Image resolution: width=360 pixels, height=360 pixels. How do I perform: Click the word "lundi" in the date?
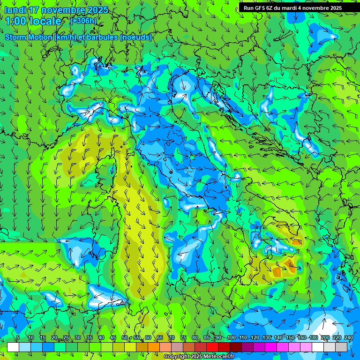click(15, 10)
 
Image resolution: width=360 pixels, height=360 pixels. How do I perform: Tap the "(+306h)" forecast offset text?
click(83, 21)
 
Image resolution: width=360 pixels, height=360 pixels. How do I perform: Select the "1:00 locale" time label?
click(33, 21)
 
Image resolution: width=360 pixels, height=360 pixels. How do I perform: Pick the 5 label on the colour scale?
click(18, 338)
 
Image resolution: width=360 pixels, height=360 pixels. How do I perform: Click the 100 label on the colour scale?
click(231, 338)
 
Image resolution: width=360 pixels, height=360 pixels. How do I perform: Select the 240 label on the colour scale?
click(348, 338)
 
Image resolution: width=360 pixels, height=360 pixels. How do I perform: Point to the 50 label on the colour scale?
click(125, 338)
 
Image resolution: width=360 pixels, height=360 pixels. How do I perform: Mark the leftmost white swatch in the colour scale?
click(13, 347)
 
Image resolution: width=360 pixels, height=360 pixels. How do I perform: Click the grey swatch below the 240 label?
click(341, 347)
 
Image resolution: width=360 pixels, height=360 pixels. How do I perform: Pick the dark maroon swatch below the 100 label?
click(236, 347)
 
